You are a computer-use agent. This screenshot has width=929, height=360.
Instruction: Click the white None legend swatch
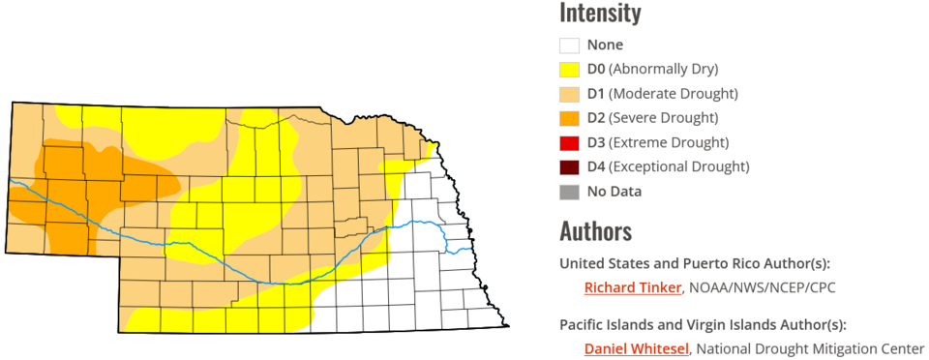[x=569, y=45]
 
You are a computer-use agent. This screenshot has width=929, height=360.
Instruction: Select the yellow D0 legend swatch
[x=569, y=69]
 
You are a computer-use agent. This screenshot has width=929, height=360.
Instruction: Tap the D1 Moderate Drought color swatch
[x=569, y=94]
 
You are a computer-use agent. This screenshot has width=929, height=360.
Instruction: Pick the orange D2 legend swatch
[x=569, y=118]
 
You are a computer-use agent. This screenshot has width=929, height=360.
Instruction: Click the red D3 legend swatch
[x=569, y=142]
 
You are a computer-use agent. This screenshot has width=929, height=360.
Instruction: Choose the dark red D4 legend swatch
[x=569, y=166]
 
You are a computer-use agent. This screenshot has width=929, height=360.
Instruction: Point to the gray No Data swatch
[x=569, y=192]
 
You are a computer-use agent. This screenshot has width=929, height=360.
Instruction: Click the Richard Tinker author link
[x=633, y=287]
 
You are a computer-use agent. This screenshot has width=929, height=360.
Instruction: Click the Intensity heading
[x=600, y=14]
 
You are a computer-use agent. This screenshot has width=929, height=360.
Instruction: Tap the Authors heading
[x=595, y=231]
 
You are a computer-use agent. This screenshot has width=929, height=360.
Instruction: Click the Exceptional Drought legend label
[x=678, y=166]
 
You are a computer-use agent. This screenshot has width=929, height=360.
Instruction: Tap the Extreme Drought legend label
[x=668, y=142]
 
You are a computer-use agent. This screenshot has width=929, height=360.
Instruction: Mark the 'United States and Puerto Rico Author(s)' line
[x=695, y=263]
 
